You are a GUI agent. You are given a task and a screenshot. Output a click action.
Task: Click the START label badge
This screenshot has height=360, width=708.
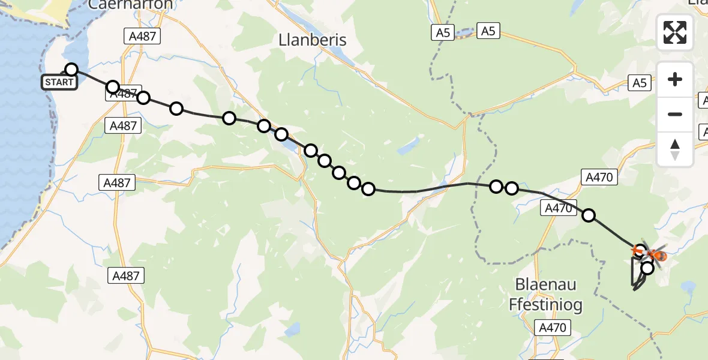pos(59,82)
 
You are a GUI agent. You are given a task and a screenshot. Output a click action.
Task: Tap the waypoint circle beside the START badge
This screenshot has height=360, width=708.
pos(71,70)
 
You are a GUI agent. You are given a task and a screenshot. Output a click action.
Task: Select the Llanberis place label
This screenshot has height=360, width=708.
pos(313,40)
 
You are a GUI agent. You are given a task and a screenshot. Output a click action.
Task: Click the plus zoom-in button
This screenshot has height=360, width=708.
pos(675,79)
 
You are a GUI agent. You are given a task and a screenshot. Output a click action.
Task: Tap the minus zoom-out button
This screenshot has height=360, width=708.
pos(675,114)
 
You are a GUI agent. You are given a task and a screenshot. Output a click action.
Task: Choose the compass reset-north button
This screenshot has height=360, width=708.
pos(675,149)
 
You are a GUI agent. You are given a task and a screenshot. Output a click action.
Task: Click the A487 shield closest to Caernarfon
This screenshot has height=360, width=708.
pos(143,36)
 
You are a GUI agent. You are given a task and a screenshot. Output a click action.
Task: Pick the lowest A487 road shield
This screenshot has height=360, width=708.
pos(126,276)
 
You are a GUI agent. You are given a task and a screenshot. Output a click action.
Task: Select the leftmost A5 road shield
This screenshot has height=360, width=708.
pos(443,32)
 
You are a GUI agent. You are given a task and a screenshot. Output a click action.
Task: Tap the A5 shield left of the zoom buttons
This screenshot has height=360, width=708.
pos(640,83)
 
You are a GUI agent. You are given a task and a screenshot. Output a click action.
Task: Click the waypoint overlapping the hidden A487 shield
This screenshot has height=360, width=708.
pos(113,88)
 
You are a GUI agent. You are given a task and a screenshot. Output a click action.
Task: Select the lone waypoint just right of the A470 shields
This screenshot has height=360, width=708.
pos(589,215)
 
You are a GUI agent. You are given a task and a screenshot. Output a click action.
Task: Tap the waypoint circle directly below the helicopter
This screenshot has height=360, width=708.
pos(647,268)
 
